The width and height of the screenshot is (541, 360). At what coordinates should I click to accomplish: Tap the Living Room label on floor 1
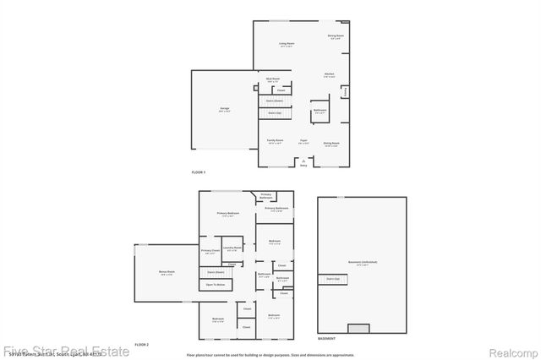pyautogui.click(x=287, y=43)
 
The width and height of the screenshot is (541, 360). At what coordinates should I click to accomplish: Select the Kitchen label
pyautogui.click(x=330, y=74)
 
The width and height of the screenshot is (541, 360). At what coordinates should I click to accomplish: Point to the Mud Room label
pyautogui.click(x=273, y=80)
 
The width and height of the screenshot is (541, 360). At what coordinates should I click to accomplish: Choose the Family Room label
pyautogui.click(x=275, y=141)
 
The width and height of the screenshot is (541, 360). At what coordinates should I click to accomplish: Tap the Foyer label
pyautogui.click(x=303, y=141)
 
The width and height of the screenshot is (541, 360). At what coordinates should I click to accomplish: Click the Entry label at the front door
pyautogui.click(x=303, y=166)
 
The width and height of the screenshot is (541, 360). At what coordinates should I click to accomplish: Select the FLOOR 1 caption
pyautogui.click(x=199, y=173)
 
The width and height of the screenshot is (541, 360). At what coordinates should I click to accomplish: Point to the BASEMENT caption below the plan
pyautogui.click(x=326, y=338)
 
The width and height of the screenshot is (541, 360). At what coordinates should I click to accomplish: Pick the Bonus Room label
pyautogui.click(x=166, y=273)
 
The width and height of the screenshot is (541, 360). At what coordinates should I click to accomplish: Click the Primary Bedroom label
pyautogui.click(x=227, y=213)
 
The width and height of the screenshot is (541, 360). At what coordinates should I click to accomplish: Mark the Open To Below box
pyautogui.click(x=216, y=285)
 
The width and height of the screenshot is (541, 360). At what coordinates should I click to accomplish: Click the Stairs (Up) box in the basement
pyautogui.click(x=333, y=277)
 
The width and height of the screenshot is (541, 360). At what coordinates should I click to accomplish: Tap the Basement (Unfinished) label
pyautogui.click(x=363, y=262)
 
